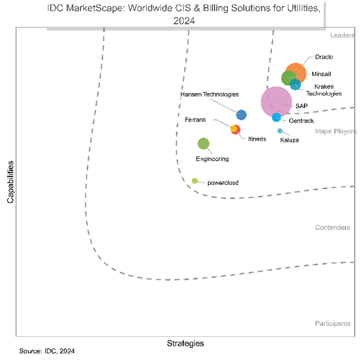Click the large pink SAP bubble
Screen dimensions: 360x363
(x=276, y=102)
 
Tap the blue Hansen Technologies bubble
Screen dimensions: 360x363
(x=241, y=115)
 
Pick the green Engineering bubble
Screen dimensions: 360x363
(x=204, y=143)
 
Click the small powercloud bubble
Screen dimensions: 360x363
(x=194, y=181)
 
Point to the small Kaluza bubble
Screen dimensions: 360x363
(x=280, y=131)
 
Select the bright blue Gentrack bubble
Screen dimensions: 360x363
(x=276, y=117)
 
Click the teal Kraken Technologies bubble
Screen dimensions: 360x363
(x=296, y=85)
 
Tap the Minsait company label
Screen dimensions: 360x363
(x=321, y=74)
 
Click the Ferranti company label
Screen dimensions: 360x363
(x=195, y=120)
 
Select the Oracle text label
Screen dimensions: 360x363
(x=324, y=57)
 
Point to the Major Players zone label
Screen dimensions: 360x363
(x=335, y=131)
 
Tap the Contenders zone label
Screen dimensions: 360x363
(x=332, y=227)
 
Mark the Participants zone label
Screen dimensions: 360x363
(x=332, y=323)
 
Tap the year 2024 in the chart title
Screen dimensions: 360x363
(x=184, y=21)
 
